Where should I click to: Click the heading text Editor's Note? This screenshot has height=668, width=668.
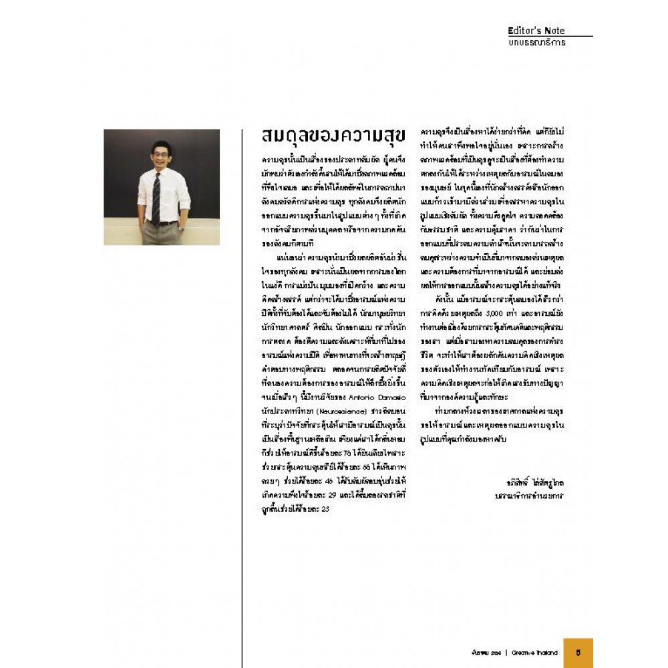(536, 30)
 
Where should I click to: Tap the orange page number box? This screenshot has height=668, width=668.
(578, 653)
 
